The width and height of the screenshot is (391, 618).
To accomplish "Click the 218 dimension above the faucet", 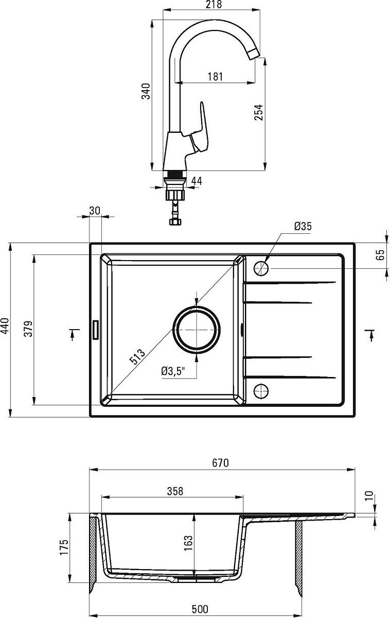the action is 214,5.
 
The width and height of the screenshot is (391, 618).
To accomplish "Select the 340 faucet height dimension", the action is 146,91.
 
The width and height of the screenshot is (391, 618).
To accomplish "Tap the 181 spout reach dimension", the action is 215,76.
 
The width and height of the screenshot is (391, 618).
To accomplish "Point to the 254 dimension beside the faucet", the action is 259,112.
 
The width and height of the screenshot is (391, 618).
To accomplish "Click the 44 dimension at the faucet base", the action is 197,181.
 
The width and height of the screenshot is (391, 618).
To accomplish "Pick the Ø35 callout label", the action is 303,226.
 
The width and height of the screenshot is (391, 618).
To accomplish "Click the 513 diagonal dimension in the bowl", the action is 137,357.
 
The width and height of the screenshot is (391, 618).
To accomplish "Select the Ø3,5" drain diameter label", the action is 173,371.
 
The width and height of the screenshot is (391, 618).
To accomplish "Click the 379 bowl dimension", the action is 28,329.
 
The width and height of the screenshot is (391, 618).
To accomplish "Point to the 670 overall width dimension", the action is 220,462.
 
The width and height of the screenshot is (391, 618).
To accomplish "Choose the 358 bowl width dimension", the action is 175,491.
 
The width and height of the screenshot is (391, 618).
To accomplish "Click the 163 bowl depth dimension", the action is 188,543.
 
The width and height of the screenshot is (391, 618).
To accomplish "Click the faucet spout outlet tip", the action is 254,55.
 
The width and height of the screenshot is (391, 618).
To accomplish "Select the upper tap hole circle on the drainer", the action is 261,268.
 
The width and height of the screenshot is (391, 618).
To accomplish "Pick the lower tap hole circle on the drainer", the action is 261,391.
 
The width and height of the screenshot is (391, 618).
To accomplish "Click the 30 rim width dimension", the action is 95,211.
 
